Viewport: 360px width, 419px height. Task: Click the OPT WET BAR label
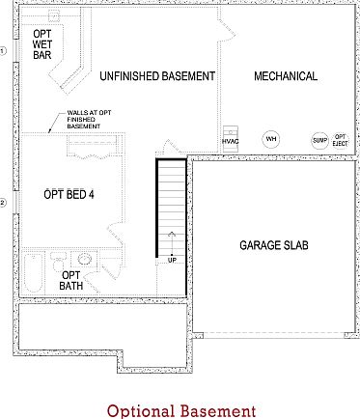(42, 43)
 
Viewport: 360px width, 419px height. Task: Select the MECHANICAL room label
(285, 76)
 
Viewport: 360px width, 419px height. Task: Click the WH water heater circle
(271, 139)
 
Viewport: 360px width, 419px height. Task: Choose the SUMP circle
(319, 140)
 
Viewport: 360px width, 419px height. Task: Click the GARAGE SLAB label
(274, 245)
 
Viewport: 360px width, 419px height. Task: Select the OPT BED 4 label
(69, 195)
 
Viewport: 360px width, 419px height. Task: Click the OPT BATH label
(71, 280)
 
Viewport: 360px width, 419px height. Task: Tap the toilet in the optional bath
(58, 261)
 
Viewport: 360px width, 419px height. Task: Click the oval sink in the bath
(85, 259)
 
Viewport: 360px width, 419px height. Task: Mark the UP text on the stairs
(173, 260)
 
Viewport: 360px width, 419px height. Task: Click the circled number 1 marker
(3, 50)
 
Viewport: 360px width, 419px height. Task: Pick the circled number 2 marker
(3, 202)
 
